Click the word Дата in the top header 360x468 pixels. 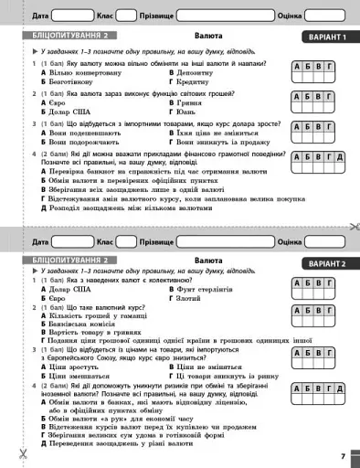click(x=40, y=16)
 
